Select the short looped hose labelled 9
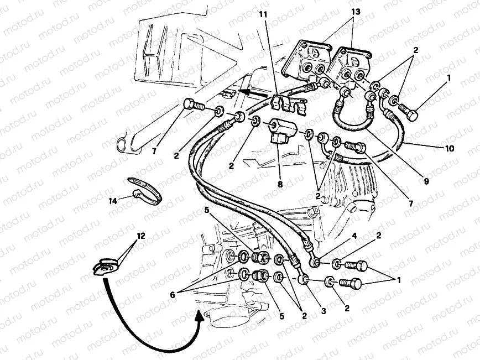coord(352,119)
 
